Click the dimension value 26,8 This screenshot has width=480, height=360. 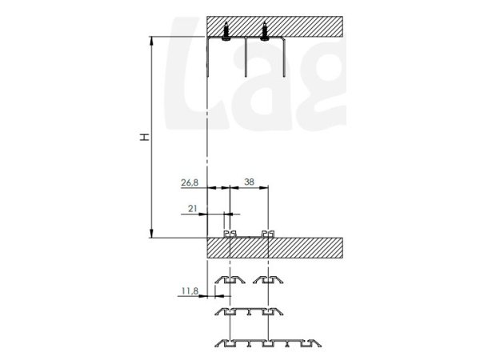click(190, 182)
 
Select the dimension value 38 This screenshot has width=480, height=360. click(249, 182)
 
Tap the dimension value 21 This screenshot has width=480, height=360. click(192, 209)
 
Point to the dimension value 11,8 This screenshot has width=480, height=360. click(190, 291)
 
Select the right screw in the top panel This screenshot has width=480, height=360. click(265, 31)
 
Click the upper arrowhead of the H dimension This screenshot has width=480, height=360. click(151, 41)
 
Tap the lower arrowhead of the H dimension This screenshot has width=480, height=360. click(151, 234)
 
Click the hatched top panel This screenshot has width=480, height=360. click(274, 26)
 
